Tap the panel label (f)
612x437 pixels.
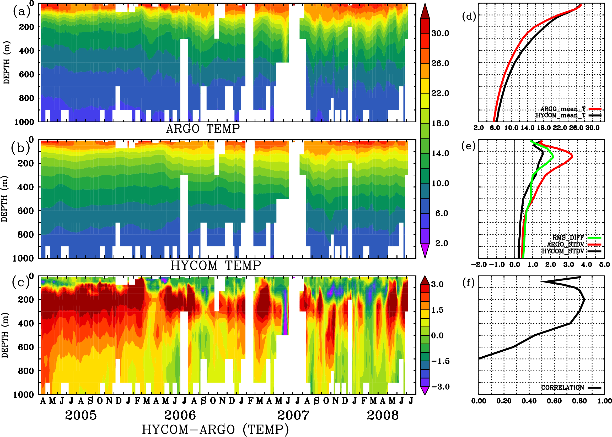[468, 283]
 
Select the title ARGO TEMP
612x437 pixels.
[203, 129]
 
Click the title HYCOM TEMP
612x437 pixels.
[216, 265]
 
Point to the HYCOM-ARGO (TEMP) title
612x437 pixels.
[215, 429]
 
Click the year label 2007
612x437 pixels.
[293, 415]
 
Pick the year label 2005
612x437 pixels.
[81, 415]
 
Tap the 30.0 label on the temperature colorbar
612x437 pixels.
[440, 33]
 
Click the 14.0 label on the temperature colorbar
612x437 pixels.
[440, 153]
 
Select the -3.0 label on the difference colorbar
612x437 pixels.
[440, 387]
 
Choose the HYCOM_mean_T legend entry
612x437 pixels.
[561, 115]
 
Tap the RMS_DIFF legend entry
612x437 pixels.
[568, 237]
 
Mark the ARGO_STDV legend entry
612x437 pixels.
[565, 244]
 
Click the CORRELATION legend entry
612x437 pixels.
[563, 388]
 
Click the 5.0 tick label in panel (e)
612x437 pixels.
[604, 265]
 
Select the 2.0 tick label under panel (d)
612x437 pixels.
[479, 128]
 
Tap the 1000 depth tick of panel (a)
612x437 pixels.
[24, 122]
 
